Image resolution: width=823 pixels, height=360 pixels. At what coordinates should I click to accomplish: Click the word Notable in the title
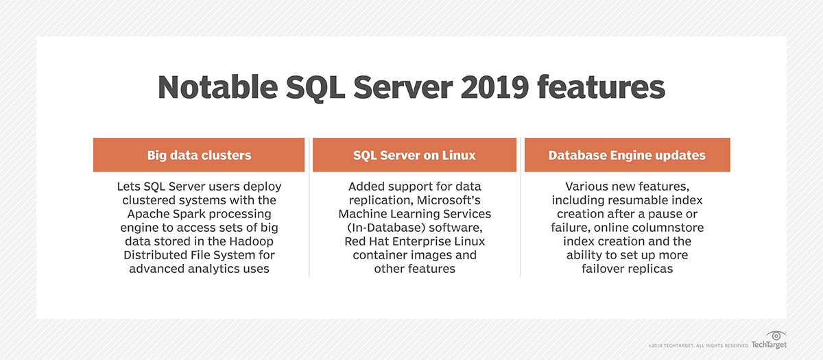(218, 87)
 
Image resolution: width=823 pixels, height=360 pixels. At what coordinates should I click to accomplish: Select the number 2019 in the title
(494, 87)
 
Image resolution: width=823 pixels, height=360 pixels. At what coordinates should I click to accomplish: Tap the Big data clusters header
(199, 155)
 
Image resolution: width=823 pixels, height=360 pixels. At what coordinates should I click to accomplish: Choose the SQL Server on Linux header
(414, 155)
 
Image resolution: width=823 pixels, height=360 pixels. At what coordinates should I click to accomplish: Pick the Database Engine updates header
(627, 155)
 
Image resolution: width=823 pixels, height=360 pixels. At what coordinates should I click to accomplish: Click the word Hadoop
(251, 241)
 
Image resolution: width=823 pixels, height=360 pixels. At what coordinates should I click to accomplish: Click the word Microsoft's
(449, 200)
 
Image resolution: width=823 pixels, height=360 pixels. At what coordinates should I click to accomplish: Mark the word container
(380, 255)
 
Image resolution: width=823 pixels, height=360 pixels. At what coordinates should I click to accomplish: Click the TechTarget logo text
(769, 345)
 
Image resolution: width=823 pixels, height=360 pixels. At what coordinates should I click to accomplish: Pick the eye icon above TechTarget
(776, 335)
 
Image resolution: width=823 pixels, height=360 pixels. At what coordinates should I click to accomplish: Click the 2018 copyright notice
(698, 346)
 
